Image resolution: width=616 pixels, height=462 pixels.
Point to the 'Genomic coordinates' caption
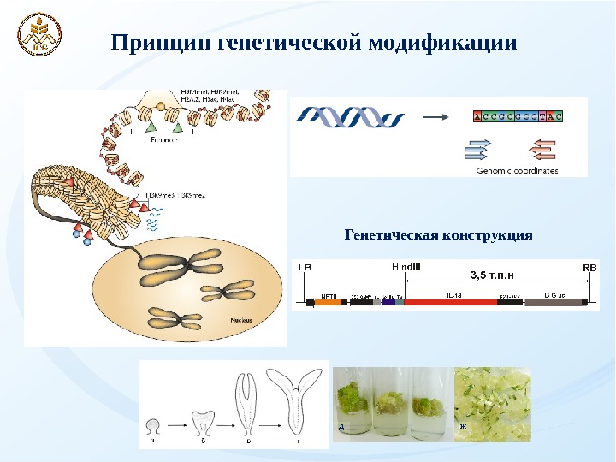tap(516, 170)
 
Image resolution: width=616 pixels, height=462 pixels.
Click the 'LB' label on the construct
tap(305, 267)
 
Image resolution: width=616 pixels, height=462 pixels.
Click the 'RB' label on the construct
tap(589, 267)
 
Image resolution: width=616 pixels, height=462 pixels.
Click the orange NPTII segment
tap(329, 301)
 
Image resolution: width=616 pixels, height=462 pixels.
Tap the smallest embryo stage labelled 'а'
tap(152, 425)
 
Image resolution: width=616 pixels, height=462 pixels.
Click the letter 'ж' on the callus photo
tap(463, 426)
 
